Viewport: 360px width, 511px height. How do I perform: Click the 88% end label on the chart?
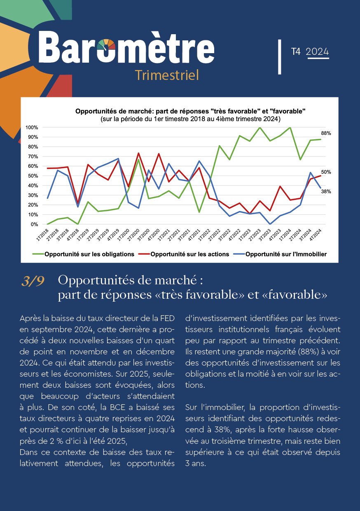coord(326,133)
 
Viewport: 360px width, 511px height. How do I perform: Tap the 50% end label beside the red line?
coord(326,172)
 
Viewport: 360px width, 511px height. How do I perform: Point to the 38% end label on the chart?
coord(326,192)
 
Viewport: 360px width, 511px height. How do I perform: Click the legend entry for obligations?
coord(84,254)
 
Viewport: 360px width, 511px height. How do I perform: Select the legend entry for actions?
coord(184,254)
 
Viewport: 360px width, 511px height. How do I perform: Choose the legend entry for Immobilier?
coord(280,254)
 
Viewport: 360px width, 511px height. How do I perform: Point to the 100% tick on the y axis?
coord(32,127)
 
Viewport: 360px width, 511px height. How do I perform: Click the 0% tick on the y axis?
coord(35,225)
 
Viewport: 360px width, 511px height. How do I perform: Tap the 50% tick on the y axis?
coord(33,176)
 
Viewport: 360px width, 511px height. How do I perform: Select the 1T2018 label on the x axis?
coord(43,235)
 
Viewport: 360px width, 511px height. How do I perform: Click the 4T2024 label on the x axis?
coord(316,235)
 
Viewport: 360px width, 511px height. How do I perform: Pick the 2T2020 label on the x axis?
coord(133,235)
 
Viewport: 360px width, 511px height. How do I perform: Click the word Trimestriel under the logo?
coord(167,75)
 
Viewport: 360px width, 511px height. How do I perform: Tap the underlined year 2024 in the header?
coord(317,52)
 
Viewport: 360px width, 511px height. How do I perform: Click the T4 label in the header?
coord(296,52)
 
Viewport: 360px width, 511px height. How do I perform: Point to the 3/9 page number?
coord(33,281)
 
